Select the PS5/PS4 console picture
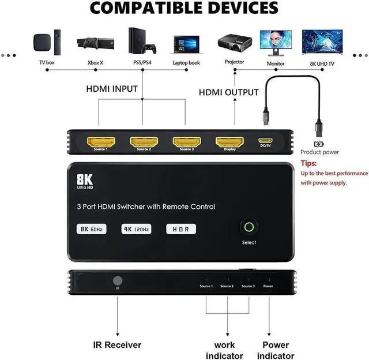coord(141,42)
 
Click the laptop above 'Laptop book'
coord(186,44)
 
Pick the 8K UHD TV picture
coord(322,42)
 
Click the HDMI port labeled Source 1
coord(101,141)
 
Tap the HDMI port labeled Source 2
coord(144,141)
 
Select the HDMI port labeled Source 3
coord(186,141)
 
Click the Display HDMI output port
coord(229,141)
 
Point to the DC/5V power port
coord(266,141)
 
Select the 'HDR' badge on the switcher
coord(181,228)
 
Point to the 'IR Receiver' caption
coord(117,345)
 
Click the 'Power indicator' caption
coord(275,350)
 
